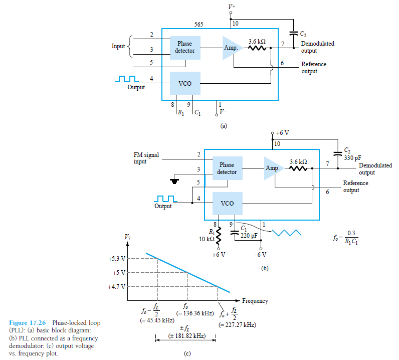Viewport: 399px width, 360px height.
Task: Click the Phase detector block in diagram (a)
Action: click(185, 48)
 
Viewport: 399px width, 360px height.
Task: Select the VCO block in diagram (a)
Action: click(185, 83)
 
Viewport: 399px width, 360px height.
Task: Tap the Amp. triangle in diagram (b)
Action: click(274, 168)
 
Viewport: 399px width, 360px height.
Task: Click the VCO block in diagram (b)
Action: click(227, 204)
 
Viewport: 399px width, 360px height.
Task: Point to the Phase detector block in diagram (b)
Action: click(227, 168)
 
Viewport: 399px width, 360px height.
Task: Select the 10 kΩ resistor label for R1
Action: click(207, 239)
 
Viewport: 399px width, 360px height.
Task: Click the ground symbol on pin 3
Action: click(175, 181)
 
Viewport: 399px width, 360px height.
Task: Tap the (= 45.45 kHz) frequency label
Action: click(157, 320)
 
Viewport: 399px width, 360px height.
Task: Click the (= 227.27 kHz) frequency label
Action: click(238, 325)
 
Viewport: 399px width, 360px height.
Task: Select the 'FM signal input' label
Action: click(147, 158)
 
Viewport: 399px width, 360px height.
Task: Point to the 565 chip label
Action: click(198, 24)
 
